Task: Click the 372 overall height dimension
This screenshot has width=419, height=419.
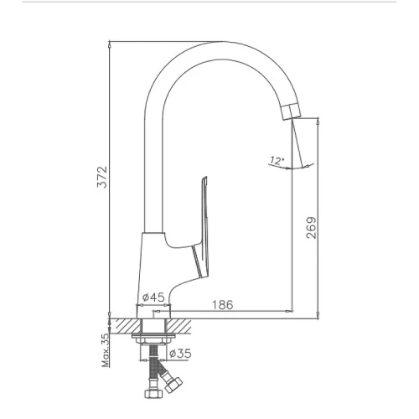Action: (102, 177)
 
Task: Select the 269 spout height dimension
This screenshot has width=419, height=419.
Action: (312, 228)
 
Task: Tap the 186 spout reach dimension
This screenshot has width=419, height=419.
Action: (223, 305)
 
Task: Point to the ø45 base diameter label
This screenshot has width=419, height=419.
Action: (153, 297)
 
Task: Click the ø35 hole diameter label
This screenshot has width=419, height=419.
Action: (180, 354)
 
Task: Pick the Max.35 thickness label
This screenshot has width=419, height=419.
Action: (106, 350)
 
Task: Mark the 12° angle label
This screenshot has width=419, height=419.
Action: (277, 161)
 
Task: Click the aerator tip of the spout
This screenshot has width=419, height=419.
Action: (291, 111)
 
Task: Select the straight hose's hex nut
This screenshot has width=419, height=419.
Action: (153, 394)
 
